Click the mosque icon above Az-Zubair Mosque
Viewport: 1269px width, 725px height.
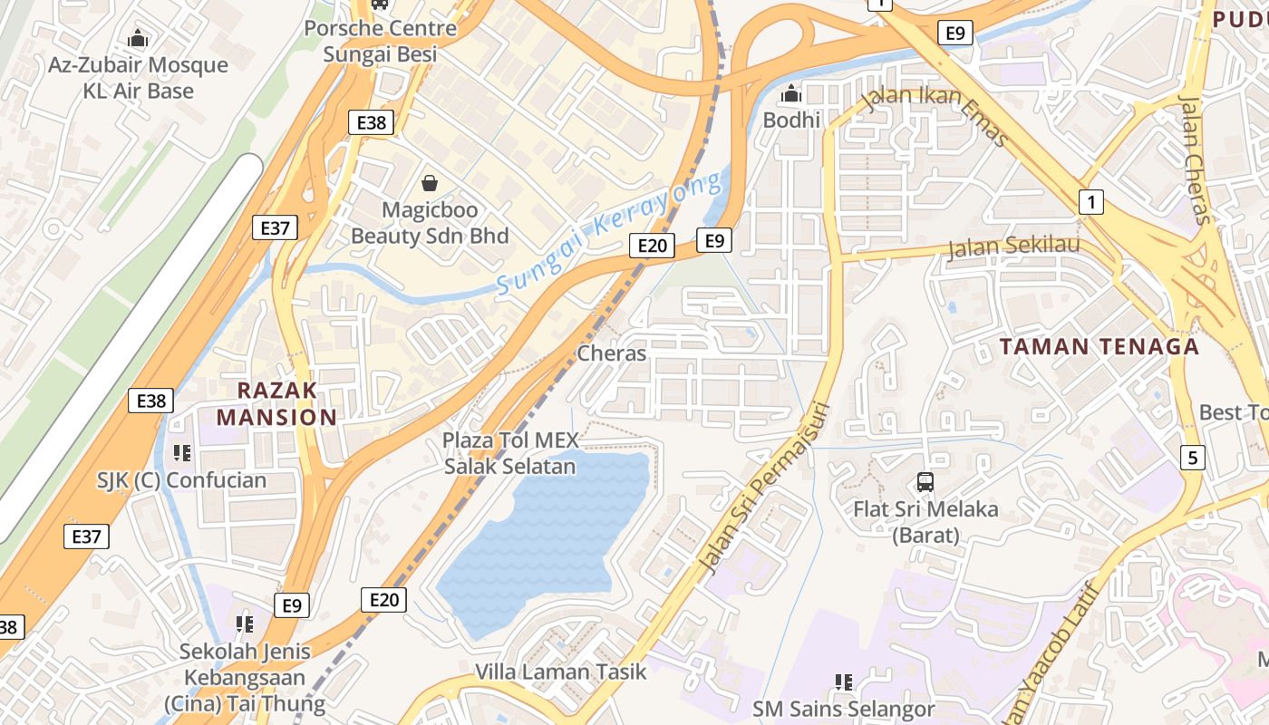pyautogui.click(x=138, y=39)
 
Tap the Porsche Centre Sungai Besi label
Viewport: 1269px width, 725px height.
pyautogui.click(x=381, y=41)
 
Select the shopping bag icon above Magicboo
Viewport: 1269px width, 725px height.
pyautogui.click(x=430, y=184)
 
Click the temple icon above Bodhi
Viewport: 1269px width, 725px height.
pyautogui.click(x=791, y=93)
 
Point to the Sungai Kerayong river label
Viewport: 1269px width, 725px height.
pyautogui.click(x=608, y=233)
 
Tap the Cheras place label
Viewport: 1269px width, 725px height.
pyautogui.click(x=612, y=353)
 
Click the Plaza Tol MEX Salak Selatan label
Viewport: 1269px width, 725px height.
pyautogui.click(x=509, y=453)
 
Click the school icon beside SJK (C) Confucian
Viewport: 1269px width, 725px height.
pyautogui.click(x=182, y=451)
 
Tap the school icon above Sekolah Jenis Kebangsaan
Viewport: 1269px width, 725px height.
pyautogui.click(x=244, y=623)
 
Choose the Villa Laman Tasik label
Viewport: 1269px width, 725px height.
pyautogui.click(x=561, y=672)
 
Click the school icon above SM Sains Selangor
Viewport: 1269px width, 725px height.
pyautogui.click(x=843, y=681)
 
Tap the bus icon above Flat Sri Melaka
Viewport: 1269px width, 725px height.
pyautogui.click(x=925, y=482)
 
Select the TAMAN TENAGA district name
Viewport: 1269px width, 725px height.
pyautogui.click(x=1099, y=346)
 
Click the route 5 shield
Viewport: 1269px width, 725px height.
pyautogui.click(x=1193, y=458)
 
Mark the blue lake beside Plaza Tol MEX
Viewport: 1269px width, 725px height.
pyautogui.click(x=544, y=544)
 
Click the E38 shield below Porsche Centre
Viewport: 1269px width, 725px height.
pyautogui.click(x=372, y=123)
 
